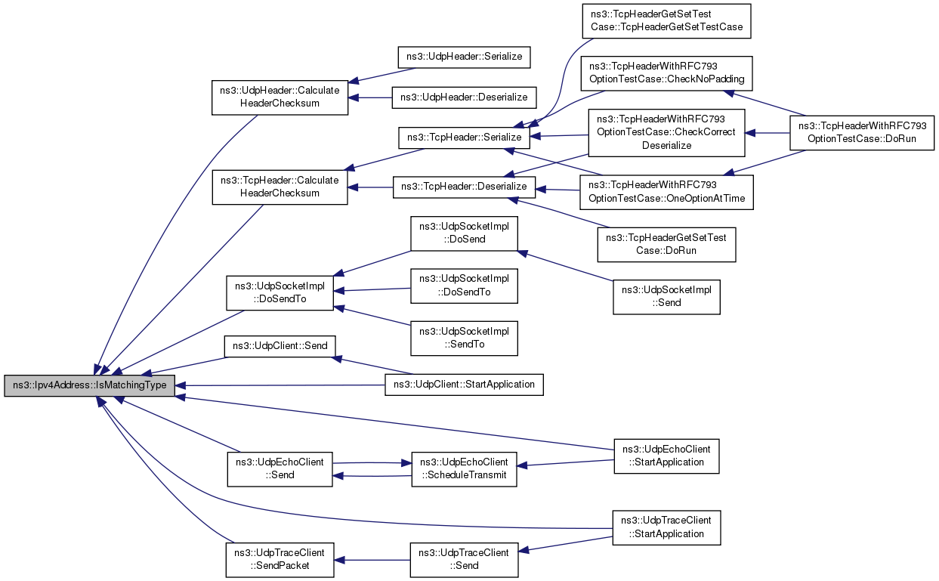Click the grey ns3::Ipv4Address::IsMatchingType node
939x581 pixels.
coord(89,385)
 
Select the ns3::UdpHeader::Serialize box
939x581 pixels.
coord(464,57)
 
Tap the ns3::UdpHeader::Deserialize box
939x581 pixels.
coord(464,97)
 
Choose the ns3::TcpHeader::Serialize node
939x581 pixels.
coord(464,138)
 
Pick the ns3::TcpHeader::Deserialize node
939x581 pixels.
coord(464,187)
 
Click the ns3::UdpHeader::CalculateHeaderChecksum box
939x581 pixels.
coord(280,97)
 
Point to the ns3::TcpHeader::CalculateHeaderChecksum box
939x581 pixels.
coord(280,187)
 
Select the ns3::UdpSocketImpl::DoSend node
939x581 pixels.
coord(464,233)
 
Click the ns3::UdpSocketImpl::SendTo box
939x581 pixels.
coord(464,338)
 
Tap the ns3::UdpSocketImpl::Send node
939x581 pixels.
coord(666,297)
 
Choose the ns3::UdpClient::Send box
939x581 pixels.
coord(280,346)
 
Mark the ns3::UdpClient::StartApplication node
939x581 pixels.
coord(464,385)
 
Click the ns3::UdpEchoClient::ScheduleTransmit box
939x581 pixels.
coord(464,469)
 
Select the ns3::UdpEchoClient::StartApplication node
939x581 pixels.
coord(666,456)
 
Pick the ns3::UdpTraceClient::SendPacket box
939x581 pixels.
coord(280,560)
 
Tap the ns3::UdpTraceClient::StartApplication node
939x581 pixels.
coord(666,527)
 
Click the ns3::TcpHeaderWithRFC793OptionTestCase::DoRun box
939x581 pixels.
coord(862,132)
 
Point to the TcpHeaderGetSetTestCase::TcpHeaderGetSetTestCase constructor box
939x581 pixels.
coord(666,21)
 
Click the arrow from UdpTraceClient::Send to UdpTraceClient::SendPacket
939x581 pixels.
coord(372,560)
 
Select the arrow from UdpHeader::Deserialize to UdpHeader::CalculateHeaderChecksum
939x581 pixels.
coord(370,97)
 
